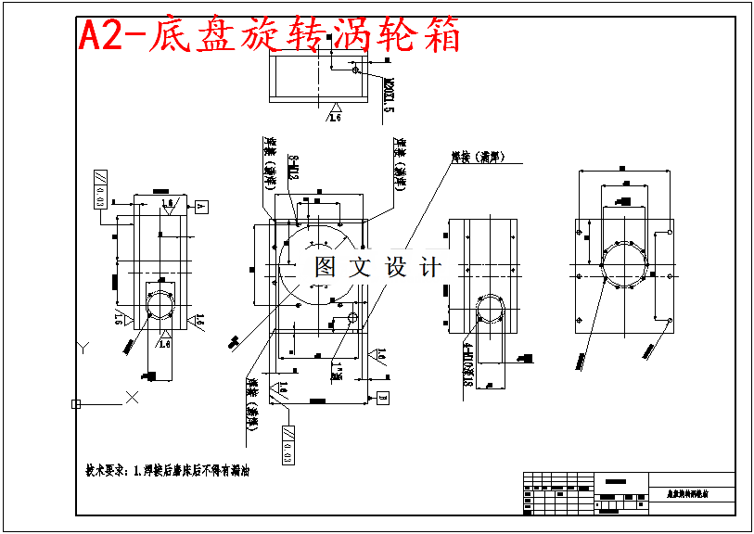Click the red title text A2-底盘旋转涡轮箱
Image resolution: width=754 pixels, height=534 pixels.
tap(269, 36)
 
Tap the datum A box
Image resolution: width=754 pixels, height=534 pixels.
tap(201, 206)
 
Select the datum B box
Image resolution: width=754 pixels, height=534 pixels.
tap(382, 397)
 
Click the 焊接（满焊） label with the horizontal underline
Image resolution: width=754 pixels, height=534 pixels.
tap(475, 158)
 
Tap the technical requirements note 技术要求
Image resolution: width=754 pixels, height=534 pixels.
tap(168, 470)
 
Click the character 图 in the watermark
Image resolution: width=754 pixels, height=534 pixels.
tap(325, 268)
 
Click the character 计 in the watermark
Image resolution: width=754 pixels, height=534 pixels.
tap(429, 268)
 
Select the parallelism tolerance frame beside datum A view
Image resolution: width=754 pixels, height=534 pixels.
tap(97, 191)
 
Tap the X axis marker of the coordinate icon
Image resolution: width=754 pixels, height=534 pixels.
tap(132, 397)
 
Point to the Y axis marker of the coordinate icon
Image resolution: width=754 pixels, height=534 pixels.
tap(83, 347)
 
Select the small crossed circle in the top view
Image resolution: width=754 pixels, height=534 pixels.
tap(355, 68)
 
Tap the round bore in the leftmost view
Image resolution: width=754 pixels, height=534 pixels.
tap(163, 302)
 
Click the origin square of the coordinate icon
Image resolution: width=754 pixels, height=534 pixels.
tap(76, 403)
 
